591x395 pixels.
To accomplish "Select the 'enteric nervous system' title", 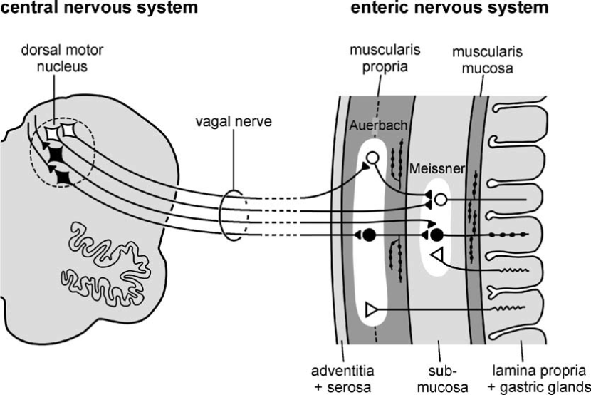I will (x=449, y=9).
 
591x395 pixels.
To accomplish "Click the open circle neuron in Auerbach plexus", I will (x=372, y=158).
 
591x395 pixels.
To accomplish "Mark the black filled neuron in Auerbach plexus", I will (x=369, y=235).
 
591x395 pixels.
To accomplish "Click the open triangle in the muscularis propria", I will (x=370, y=309).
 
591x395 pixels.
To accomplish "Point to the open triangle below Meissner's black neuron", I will (x=438, y=255).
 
